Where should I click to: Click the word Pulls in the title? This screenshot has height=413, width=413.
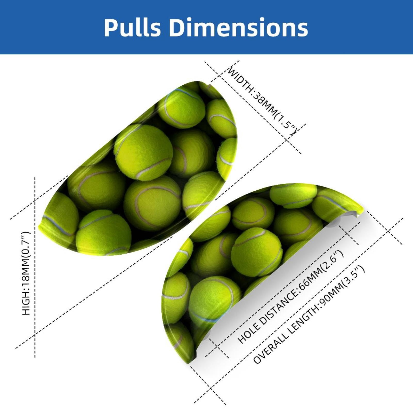tap(133, 27)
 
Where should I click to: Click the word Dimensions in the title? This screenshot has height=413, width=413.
tap(239, 27)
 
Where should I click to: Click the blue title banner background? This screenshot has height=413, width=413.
tap(206, 27)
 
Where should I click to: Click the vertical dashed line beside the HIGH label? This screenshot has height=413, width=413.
tap(35, 267)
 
